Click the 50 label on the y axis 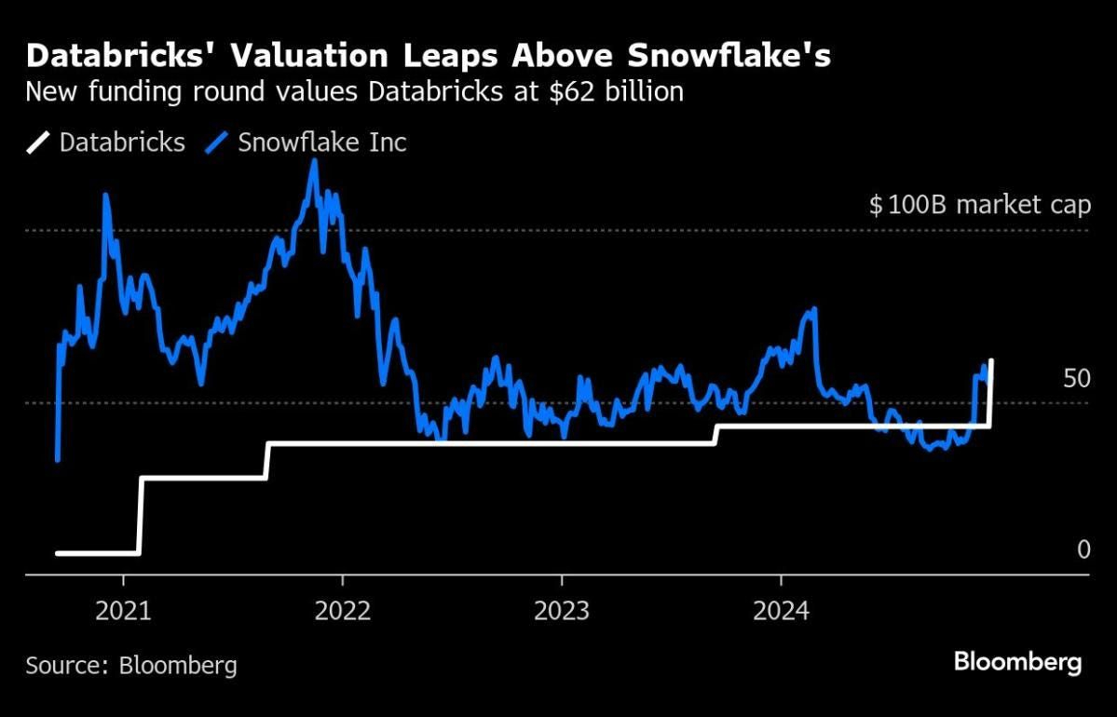coord(1076,379)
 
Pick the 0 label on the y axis coord(1083,549)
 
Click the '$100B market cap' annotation coord(979,205)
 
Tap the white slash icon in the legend coord(39,142)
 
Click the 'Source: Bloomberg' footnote coord(131,666)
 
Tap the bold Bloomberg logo coord(1017,663)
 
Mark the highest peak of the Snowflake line coord(314,160)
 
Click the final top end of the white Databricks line coord(990,360)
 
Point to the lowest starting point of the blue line coord(58,459)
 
